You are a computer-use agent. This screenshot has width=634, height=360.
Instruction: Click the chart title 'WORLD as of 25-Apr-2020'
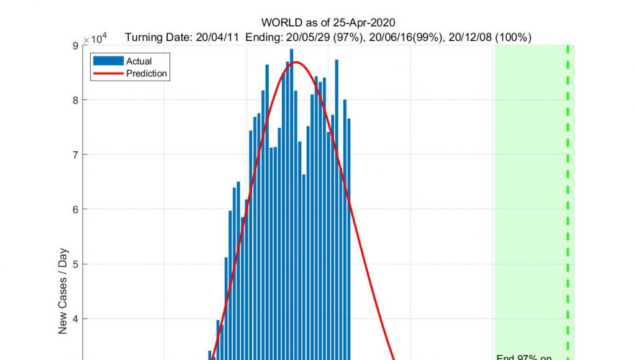pyautogui.click(x=328, y=24)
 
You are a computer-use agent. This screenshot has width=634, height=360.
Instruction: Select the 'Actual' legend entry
pyautogui.click(x=138, y=61)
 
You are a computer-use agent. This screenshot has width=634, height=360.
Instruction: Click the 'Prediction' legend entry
pyautogui.click(x=147, y=73)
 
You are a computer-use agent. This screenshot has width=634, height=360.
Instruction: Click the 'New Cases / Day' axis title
pyautogui.click(x=63, y=289)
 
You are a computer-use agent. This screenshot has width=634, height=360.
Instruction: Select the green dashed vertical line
pyautogui.click(x=568, y=186)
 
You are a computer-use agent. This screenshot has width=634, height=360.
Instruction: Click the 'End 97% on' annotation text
pyautogui.click(x=524, y=356)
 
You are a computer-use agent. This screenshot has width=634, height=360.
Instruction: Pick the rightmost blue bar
pyautogui.click(x=349, y=236)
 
